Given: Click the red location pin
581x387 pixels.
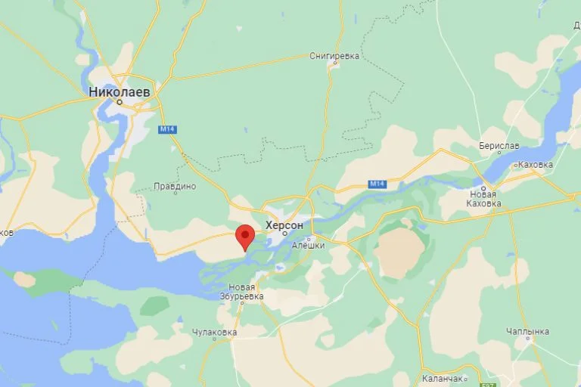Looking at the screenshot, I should point(244,236).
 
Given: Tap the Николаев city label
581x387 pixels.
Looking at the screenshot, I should point(119,91).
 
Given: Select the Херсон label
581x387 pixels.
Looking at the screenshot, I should point(284,225).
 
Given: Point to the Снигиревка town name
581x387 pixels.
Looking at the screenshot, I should point(334,55).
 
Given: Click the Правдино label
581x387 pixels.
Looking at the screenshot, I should point(175,186).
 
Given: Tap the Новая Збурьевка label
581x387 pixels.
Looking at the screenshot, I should point(247,291).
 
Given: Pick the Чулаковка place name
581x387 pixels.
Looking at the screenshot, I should point(214,332).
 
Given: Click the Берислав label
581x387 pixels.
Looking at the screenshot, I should point(499,145).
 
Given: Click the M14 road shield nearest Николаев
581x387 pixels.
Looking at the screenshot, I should point(166,129).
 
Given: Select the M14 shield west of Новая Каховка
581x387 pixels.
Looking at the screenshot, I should point(377,184).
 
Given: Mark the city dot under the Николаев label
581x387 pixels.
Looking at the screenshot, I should point(119,101).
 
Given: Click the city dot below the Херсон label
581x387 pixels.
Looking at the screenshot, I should point(284,234).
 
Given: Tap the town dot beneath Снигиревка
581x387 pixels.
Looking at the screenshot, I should point(335,63).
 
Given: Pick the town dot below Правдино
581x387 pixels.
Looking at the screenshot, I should point(175,194).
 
